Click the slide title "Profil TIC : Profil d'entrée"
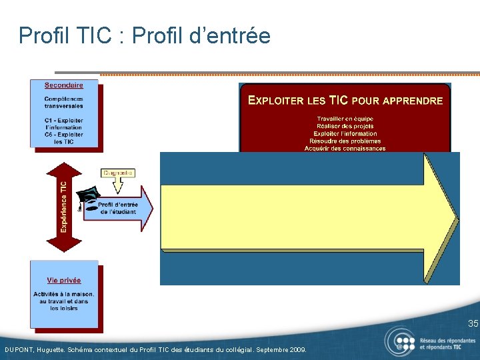[145, 35]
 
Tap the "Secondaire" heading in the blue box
[64, 85]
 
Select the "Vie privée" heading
[64, 281]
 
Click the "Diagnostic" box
[118, 173]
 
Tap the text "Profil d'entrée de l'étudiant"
[118, 208]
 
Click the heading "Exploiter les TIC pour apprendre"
[345, 101]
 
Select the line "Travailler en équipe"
[345, 119]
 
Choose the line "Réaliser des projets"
[345, 126]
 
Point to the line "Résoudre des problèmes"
[345, 141]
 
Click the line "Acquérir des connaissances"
[345, 148]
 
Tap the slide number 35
[473, 324]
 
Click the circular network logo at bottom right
[399, 342]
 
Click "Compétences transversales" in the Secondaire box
[64, 103]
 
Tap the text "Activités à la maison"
[64, 294]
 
